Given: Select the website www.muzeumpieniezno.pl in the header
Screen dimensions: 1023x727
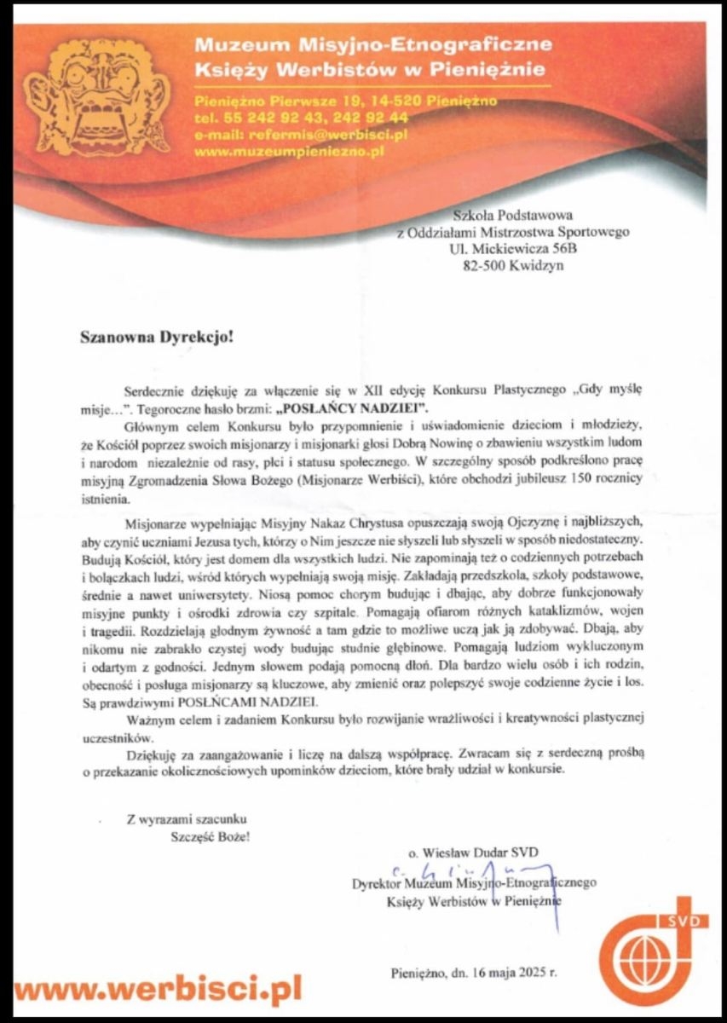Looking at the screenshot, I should coord(291,151).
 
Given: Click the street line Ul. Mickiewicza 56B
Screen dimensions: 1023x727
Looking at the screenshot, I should coord(512,250).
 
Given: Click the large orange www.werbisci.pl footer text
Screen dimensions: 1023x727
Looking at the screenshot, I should coord(159,990).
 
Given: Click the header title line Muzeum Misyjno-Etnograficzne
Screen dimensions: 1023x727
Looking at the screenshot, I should coord(372,43).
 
